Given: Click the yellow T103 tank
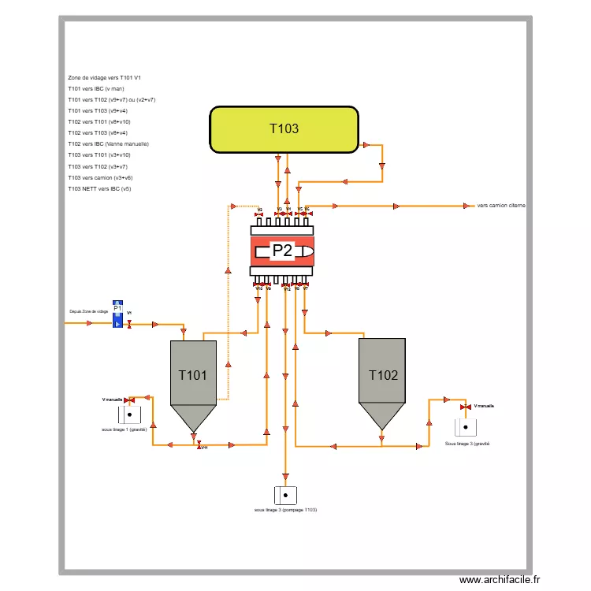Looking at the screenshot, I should point(284,129).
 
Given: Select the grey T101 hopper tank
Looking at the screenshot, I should point(193,378).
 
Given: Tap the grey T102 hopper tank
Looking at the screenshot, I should point(382,378).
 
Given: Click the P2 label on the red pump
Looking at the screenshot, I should point(282,251).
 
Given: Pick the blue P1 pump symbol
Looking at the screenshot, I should point(117,314).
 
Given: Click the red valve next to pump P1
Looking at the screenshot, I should point(129,323).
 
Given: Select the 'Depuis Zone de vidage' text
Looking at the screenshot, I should point(88,311).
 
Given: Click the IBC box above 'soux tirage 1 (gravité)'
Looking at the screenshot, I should point(129,414).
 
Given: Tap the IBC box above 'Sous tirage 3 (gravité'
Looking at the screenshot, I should point(466,427).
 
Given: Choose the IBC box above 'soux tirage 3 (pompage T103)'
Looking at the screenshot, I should point(285,495).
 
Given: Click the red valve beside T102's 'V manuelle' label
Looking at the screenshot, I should point(465,407).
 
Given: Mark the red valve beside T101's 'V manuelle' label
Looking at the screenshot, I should point(130,400).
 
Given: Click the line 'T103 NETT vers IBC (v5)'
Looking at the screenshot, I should point(99,189).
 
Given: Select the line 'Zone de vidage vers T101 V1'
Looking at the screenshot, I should point(105,78).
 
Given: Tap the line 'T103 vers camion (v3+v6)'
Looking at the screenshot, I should point(100,178).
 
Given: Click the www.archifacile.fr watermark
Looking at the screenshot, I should point(501,580).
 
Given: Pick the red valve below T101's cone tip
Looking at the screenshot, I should point(199,444).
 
